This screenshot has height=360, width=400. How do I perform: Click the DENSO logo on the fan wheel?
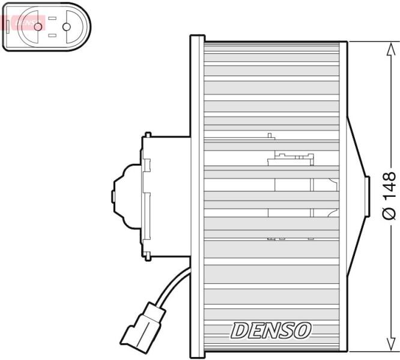click(x=271, y=331)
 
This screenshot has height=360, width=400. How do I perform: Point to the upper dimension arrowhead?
click(x=390, y=49)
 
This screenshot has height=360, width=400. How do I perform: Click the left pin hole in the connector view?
click(x=38, y=27)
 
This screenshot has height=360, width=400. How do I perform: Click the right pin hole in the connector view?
click(x=67, y=27)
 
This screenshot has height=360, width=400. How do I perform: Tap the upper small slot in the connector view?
click(x=52, y=19)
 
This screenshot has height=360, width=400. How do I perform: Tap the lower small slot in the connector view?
click(x=52, y=35)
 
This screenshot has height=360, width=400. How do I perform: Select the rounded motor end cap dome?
click(x=127, y=196)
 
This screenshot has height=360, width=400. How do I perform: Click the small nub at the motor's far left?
click(x=113, y=197)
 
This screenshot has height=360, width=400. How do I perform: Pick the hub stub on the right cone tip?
click(x=368, y=196)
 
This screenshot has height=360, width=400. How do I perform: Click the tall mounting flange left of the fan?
click(x=197, y=196)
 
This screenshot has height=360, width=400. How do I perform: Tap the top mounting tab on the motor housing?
click(x=148, y=135)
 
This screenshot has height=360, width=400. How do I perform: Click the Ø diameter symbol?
click(x=390, y=213)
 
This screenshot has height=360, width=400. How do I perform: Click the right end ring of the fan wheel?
click(x=344, y=196)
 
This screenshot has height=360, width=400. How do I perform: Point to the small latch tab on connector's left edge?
click(x=8, y=26)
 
